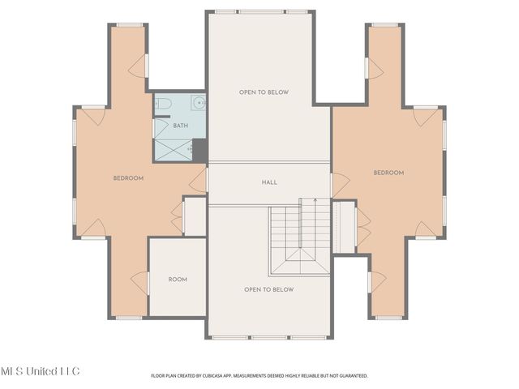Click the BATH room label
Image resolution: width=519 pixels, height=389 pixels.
click(x=180, y=126)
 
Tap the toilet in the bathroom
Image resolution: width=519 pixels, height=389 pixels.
click(x=161, y=104)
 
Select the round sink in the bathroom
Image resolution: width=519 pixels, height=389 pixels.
click(x=198, y=103)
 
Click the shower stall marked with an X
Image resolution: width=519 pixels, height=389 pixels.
click(x=172, y=148)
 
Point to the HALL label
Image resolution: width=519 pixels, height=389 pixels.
click(x=269, y=182)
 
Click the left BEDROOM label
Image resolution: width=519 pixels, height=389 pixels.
click(x=128, y=177)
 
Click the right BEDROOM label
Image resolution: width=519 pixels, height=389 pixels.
click(x=388, y=173)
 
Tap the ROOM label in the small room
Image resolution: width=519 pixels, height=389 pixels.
click(x=177, y=280)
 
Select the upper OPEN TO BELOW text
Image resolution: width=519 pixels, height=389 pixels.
click(x=264, y=92)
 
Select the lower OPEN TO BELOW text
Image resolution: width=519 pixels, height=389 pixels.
click(x=269, y=289)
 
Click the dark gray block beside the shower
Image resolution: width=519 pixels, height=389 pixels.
click(x=199, y=150)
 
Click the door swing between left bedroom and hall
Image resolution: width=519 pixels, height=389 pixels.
click(x=198, y=180)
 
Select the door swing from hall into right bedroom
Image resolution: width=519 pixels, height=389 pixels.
click(x=340, y=185)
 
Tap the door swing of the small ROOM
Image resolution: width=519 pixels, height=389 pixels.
click(x=140, y=282)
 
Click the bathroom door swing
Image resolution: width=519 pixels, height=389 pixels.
click(x=161, y=129)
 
